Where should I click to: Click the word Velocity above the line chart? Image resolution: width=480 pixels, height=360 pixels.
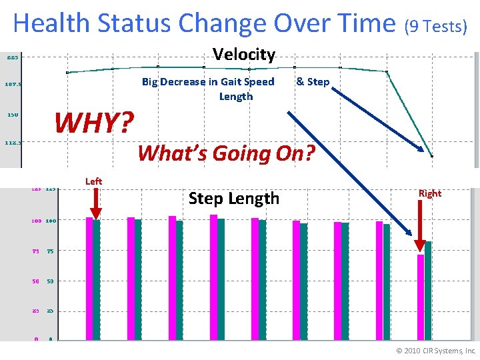click(243, 55)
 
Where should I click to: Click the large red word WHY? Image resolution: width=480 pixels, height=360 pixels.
click(94, 122)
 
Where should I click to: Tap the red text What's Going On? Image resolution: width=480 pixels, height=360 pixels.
click(225, 153)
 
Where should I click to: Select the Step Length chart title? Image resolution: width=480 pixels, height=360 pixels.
click(233, 198)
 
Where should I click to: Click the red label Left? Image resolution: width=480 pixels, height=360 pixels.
click(93, 181)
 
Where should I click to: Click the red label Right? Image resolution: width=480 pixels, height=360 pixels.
click(430, 193)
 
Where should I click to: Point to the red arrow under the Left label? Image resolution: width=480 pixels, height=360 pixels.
click(95, 204)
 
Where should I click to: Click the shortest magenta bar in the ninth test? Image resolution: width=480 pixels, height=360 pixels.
click(421, 297)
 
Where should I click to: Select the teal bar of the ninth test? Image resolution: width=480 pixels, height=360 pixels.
click(428, 290)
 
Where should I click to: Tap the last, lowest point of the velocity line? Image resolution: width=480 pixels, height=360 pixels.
click(432, 156)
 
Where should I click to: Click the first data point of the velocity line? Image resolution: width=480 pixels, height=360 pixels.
click(67, 72)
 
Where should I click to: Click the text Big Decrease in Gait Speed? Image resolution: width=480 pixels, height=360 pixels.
click(208, 82)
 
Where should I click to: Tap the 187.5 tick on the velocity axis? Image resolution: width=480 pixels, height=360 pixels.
click(13, 85)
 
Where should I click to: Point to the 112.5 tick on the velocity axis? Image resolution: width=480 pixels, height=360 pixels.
click(13, 142)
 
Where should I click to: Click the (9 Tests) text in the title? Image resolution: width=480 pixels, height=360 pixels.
click(437, 26)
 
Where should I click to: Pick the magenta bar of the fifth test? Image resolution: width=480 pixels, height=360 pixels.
click(255, 278)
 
